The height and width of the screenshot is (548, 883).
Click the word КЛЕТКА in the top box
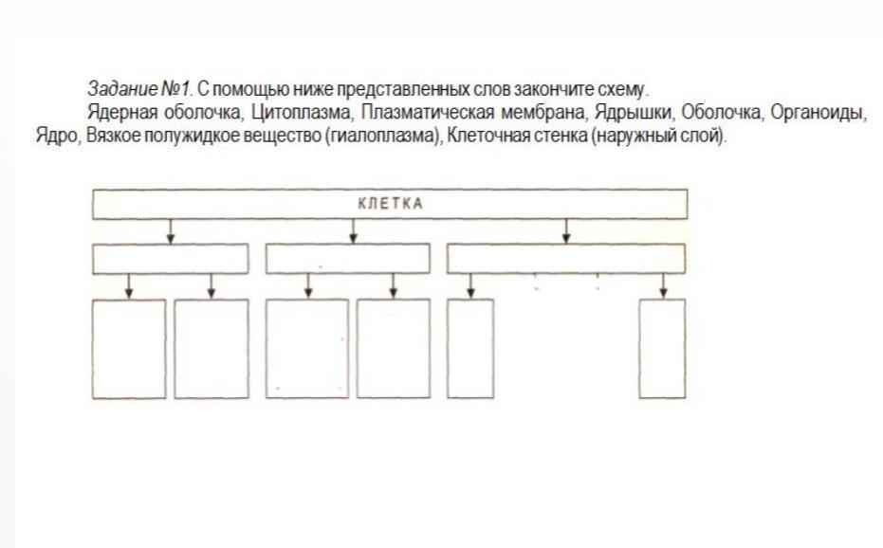pyautogui.click(x=390, y=203)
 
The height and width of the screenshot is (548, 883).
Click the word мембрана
pyautogui.click(x=543, y=113)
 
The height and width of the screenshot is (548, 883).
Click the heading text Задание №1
pyautogui.click(x=139, y=88)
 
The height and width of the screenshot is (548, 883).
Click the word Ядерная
pyautogui.click(x=122, y=113)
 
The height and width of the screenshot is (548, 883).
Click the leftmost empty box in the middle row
pyautogui.click(x=170, y=259)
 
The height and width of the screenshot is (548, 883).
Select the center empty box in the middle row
pyautogui.click(x=347, y=259)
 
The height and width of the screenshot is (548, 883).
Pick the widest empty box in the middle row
pyautogui.click(x=566, y=259)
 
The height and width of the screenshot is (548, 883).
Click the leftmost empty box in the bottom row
pyautogui.click(x=129, y=349)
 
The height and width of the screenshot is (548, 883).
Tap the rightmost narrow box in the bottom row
pyautogui.click(x=662, y=349)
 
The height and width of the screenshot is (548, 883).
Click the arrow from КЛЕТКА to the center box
pyautogui.click(x=353, y=231)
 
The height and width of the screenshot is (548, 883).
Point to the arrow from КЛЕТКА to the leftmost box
pyautogui.click(x=171, y=231)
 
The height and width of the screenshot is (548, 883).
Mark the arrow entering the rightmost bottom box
pyautogui.click(x=663, y=286)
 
